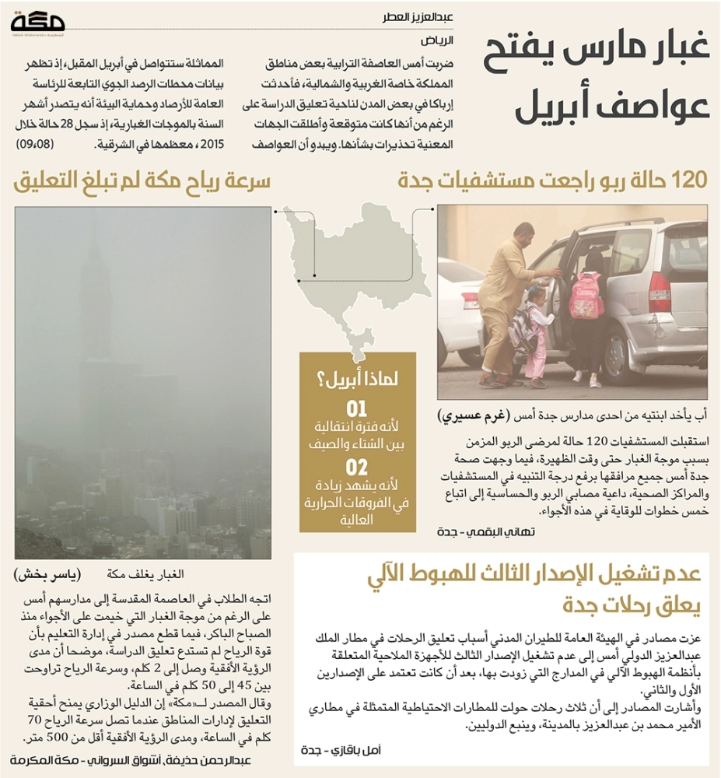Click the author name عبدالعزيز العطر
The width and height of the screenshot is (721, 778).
tap(420, 16)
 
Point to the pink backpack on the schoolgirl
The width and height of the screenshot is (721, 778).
tap(585, 295)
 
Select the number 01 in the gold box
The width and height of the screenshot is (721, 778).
tap(355, 409)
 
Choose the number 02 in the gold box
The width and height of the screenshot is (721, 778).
tap(355, 468)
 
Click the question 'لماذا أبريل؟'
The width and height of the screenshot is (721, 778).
tap(357, 381)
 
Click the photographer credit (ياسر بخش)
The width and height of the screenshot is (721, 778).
tap(47, 575)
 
